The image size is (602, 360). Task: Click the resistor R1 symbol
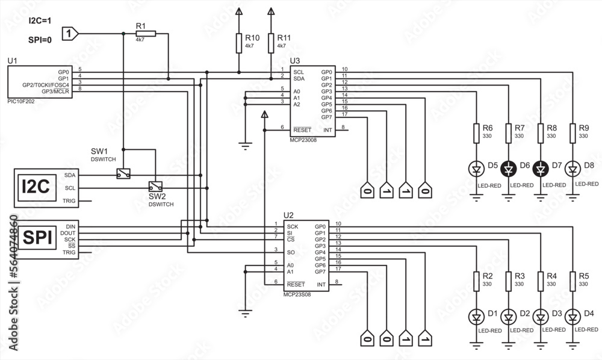pos(146,34)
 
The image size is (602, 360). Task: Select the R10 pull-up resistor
pos(239,44)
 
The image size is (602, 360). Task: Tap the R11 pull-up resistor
pos(271,44)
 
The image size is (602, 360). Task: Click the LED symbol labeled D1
pos(476,316)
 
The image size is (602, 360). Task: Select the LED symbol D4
pos(573,316)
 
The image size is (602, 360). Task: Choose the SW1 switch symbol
pos(123,174)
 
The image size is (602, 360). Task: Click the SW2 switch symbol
pos(155,187)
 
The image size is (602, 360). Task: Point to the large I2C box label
pos(35,187)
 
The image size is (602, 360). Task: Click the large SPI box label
pos(35,238)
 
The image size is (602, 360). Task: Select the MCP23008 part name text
pos(303,139)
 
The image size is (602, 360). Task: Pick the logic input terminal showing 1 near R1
pos(70,34)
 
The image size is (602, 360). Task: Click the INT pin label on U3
pos(327,129)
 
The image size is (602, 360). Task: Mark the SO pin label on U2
pos(291,252)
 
